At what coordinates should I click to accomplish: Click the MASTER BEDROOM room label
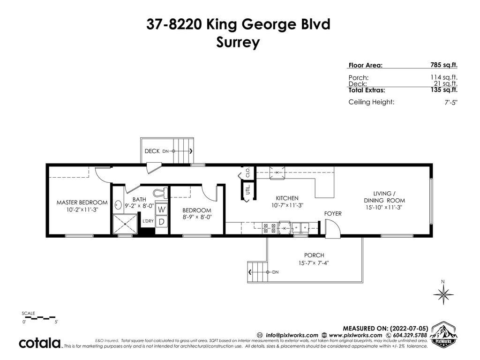point(82,202)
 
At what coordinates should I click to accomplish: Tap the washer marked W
point(162,210)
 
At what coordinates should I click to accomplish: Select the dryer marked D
point(162,221)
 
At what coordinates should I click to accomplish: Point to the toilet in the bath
point(160,193)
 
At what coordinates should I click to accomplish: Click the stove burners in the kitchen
point(270,228)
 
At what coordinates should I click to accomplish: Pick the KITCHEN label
point(287,198)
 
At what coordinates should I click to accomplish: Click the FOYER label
point(333,213)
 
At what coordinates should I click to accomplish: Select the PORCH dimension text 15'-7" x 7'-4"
point(314,262)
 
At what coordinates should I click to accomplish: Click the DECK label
point(152,151)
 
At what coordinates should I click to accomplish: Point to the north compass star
point(443,294)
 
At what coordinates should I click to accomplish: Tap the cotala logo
point(40,343)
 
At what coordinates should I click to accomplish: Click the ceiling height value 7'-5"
point(451,102)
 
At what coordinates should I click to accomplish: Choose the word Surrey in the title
point(238,42)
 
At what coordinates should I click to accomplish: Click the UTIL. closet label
point(248,189)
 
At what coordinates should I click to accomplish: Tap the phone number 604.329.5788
point(410,335)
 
